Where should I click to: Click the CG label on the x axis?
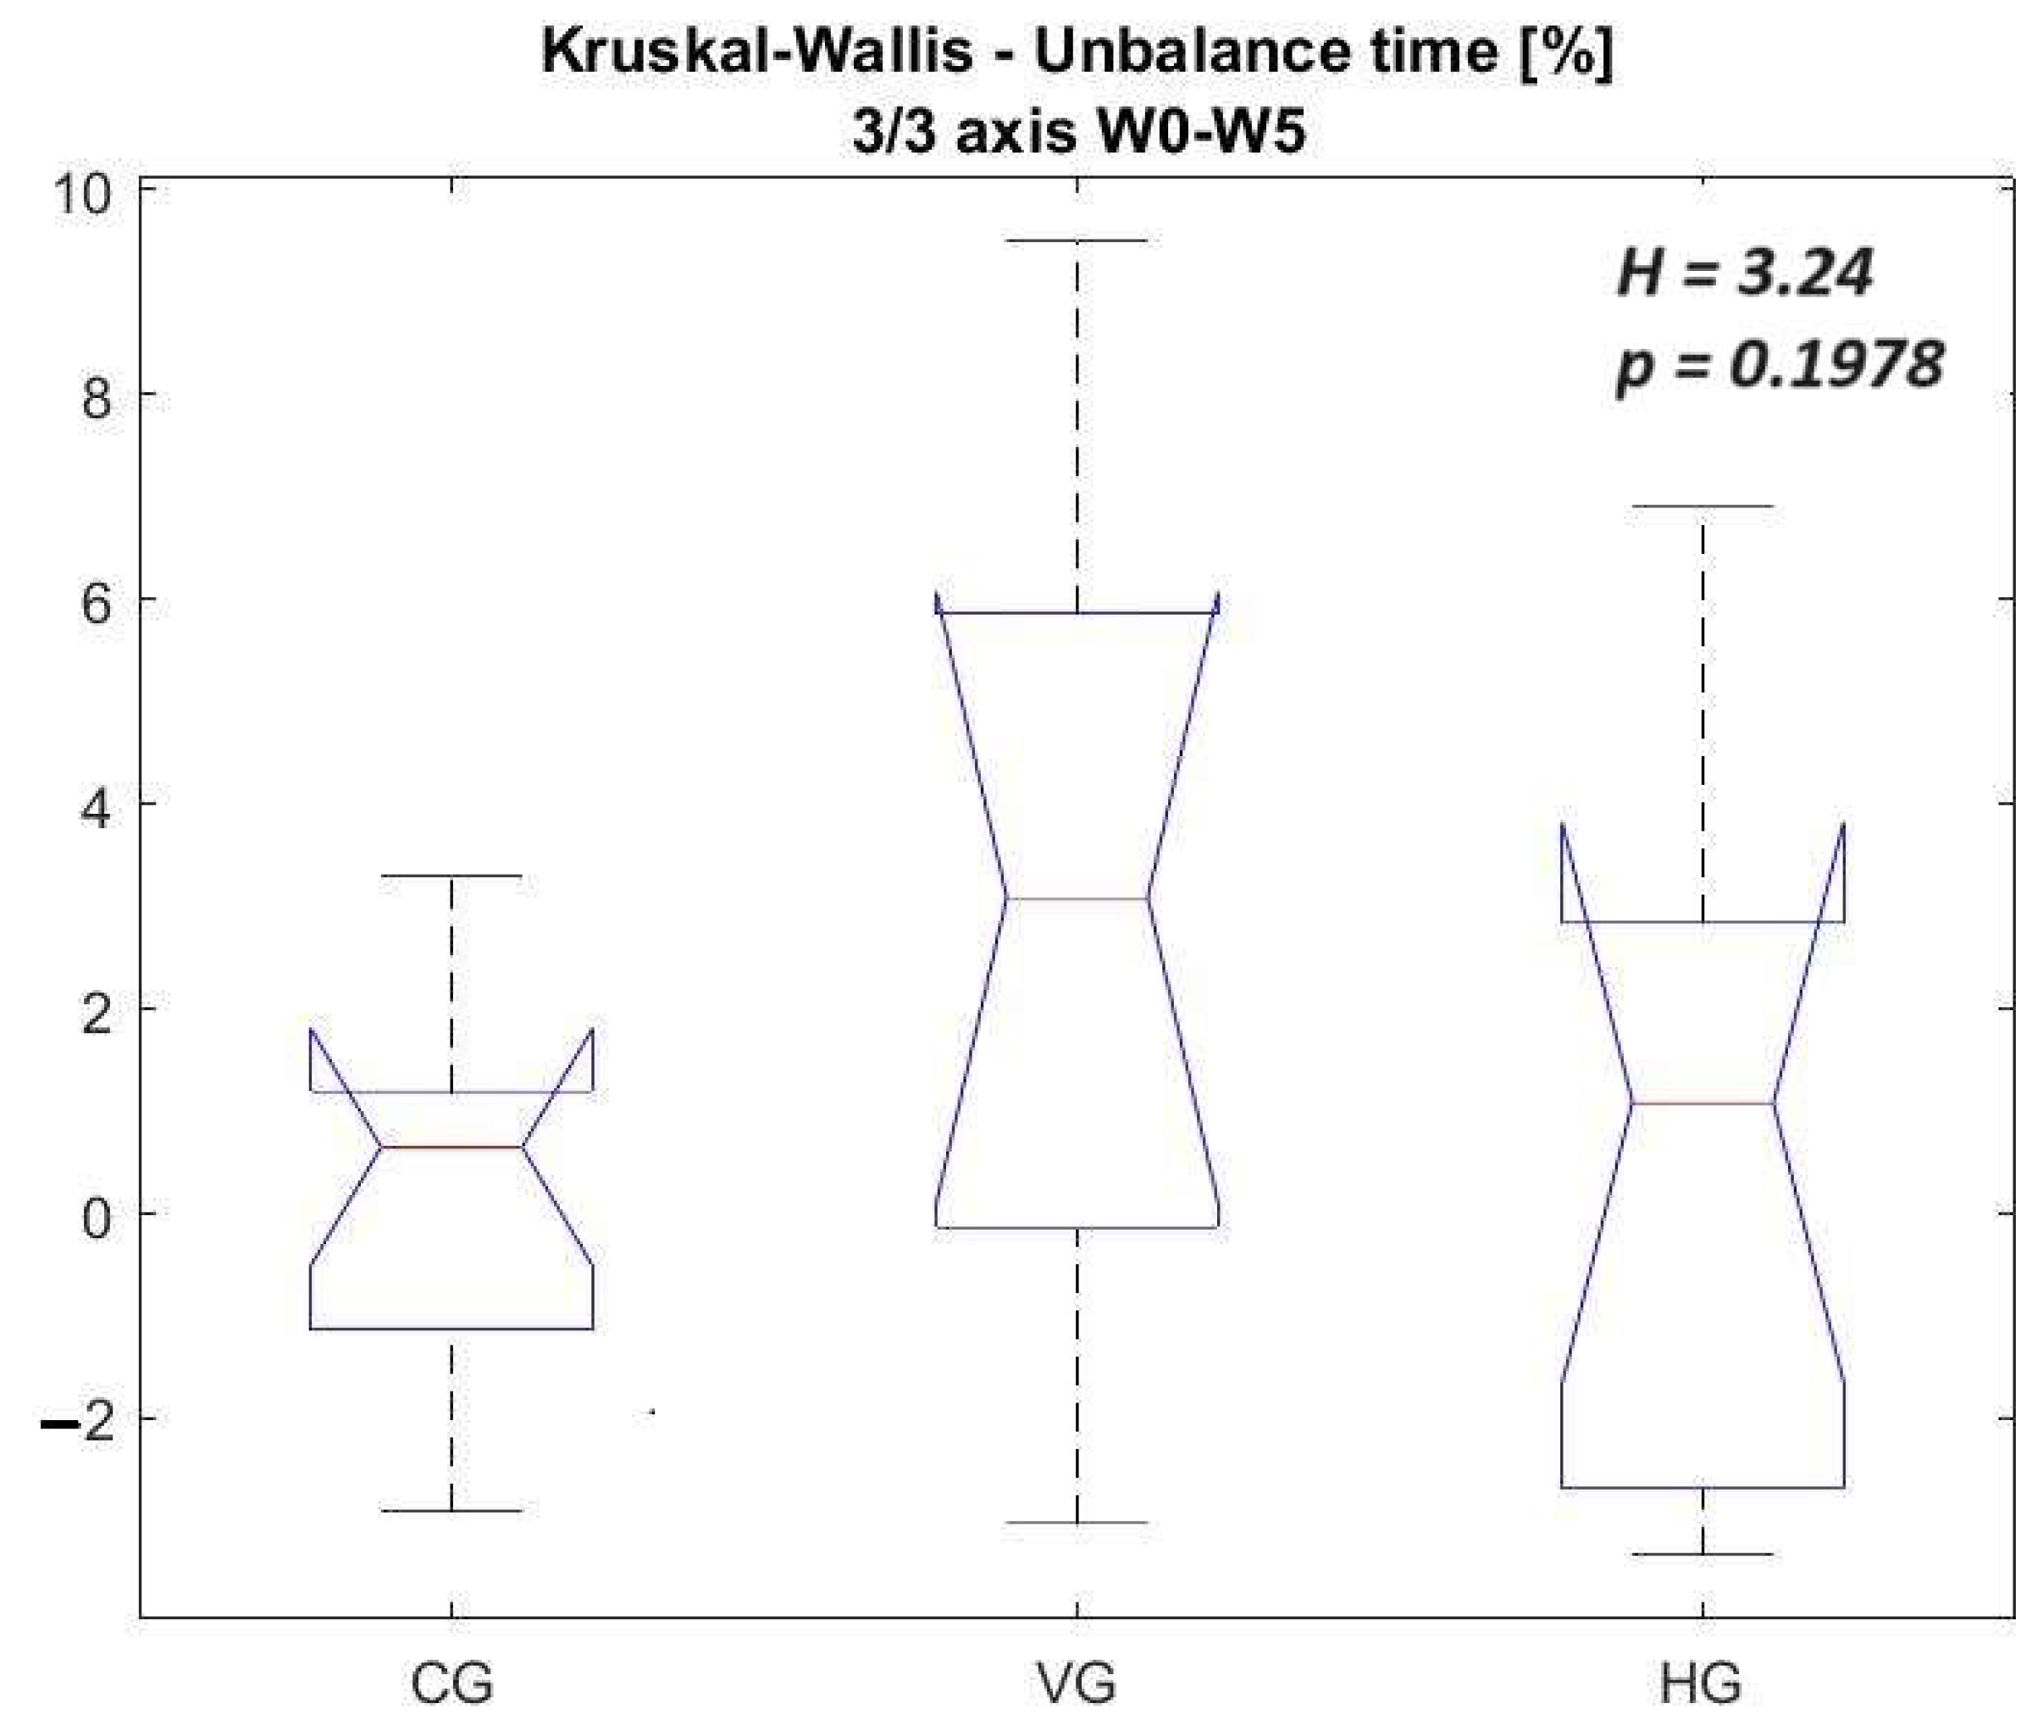451,1683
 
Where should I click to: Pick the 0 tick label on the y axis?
96,1219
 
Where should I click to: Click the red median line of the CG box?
451,1147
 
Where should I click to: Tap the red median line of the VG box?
1077,898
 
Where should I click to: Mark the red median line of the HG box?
1702,1103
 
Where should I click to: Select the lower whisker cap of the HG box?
1702,1554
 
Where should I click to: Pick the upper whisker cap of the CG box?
451,875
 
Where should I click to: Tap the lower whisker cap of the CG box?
451,1510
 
